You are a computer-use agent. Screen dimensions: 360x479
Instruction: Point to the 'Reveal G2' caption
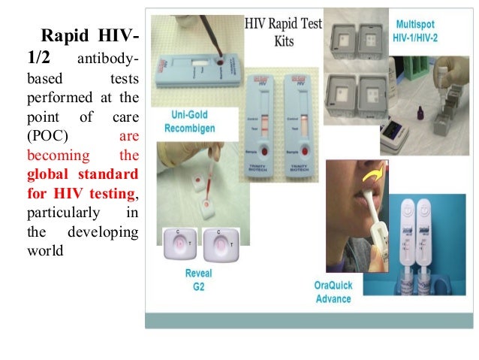pos(198,280)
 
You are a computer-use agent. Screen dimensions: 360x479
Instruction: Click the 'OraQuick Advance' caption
pos(333,292)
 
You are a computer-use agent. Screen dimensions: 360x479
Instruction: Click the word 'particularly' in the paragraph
pos(59,213)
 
